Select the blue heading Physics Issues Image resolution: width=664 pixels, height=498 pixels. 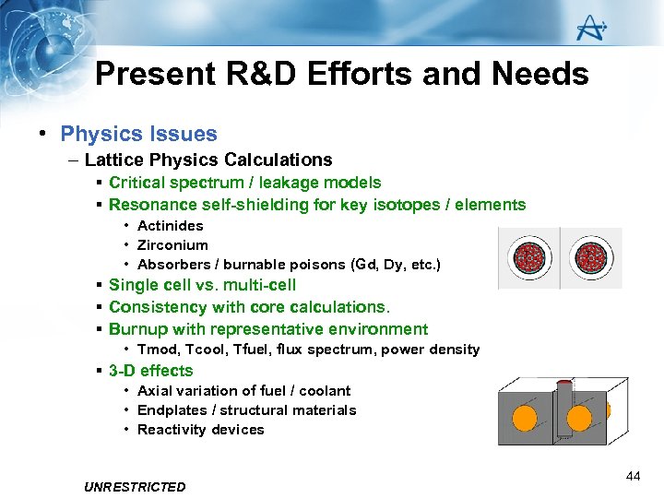138,135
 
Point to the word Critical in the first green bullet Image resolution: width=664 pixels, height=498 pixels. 136,183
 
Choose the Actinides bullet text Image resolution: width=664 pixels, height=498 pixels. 170,226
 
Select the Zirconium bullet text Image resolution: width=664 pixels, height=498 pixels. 172,245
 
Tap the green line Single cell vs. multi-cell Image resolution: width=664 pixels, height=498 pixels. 202,285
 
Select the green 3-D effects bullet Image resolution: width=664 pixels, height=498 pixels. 150,371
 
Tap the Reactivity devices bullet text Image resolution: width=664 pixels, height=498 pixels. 200,430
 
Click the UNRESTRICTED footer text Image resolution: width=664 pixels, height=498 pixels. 134,487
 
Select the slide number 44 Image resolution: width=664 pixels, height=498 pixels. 633,476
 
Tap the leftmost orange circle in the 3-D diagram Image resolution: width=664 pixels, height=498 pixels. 525,418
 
